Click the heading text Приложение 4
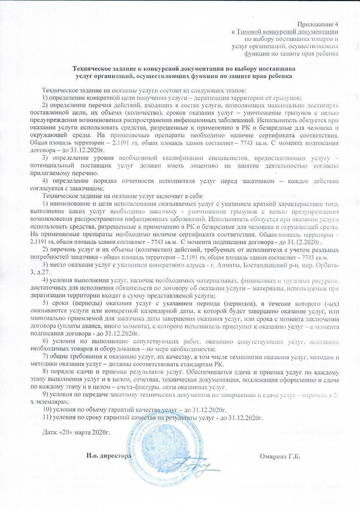[x=318, y=23]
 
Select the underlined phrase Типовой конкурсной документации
[x=287, y=31]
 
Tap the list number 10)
[x=49, y=410]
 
